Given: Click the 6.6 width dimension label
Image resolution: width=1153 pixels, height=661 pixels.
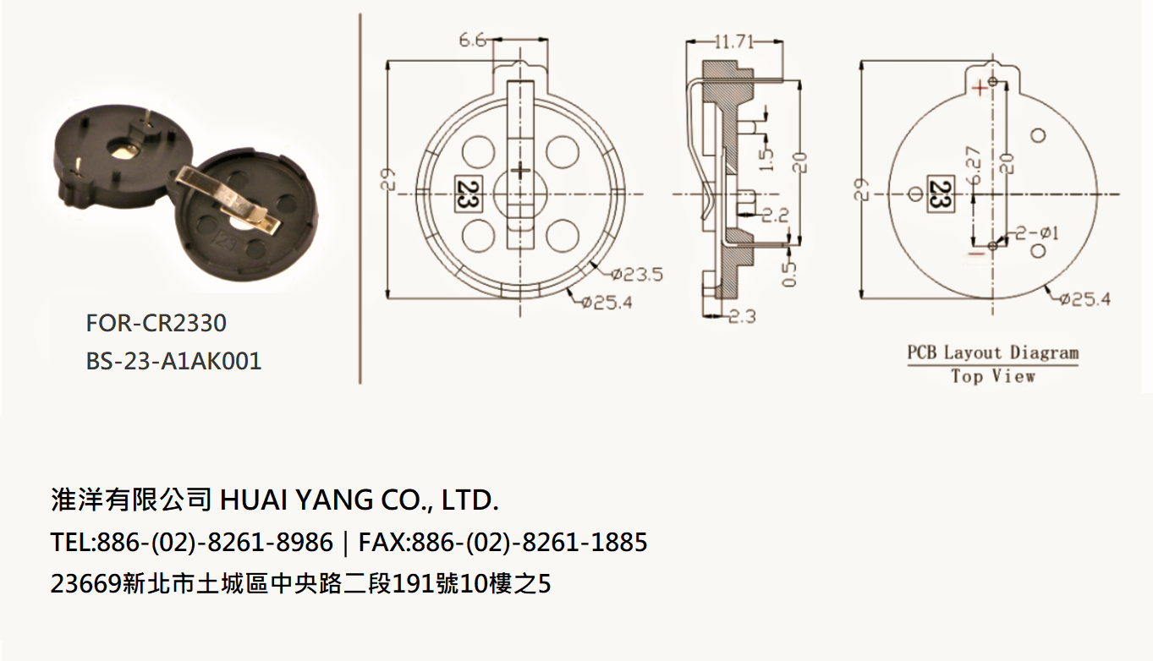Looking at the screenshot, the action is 473,41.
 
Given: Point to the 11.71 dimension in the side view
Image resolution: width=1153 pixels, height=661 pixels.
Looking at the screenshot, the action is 734,41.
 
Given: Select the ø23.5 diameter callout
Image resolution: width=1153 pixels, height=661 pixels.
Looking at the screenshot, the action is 637,275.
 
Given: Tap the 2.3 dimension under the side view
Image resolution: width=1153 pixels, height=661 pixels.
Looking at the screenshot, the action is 742,316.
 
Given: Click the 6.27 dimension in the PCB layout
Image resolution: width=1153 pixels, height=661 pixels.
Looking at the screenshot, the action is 974,166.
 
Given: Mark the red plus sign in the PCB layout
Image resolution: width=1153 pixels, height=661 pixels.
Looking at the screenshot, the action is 980,89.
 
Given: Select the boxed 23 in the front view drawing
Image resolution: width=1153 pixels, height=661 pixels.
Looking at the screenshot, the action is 468,194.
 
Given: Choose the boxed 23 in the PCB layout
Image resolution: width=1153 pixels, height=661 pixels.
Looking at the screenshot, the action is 941,194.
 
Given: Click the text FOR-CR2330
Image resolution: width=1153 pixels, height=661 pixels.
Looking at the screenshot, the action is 156,324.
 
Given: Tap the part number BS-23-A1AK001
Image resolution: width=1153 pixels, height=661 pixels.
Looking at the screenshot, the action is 173,361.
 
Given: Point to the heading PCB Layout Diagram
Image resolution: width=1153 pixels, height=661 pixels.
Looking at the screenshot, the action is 992,352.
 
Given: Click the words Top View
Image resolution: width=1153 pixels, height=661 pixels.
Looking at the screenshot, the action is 993,376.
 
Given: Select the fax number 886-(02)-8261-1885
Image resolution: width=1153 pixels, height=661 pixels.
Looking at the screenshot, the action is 530,542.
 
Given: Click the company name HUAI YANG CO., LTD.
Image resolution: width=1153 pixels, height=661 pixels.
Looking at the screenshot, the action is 360,500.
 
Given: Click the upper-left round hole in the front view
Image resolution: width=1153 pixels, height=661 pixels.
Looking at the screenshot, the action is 478,152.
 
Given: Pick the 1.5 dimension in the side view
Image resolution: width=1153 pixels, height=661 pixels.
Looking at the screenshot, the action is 766,159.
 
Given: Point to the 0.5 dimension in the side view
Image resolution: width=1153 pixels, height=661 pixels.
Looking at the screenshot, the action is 789,274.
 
